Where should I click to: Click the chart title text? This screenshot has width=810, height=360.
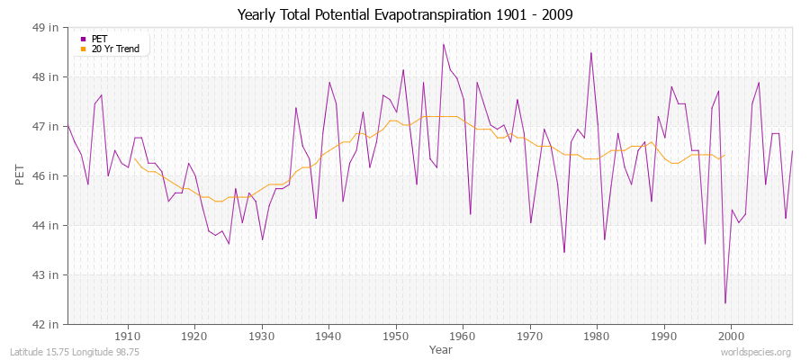(405, 15)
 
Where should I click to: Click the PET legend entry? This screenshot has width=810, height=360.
(99, 39)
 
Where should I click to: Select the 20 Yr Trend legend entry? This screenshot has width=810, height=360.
(115, 49)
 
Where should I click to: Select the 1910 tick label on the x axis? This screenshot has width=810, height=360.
(128, 335)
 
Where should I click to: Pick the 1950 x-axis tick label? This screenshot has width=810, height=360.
(395, 335)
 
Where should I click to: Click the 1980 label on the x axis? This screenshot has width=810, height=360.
(597, 335)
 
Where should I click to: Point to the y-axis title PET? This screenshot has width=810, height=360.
(21, 175)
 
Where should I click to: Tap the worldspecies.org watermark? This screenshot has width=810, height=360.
(756, 352)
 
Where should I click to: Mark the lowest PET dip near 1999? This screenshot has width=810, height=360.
(724, 303)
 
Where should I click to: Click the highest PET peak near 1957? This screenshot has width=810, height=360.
(443, 44)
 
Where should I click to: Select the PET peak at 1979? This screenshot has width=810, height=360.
(590, 52)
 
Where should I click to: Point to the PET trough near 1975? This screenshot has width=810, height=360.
(564, 252)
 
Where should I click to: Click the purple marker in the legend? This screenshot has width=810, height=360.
(84, 39)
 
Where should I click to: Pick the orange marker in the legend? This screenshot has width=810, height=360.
(84, 49)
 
